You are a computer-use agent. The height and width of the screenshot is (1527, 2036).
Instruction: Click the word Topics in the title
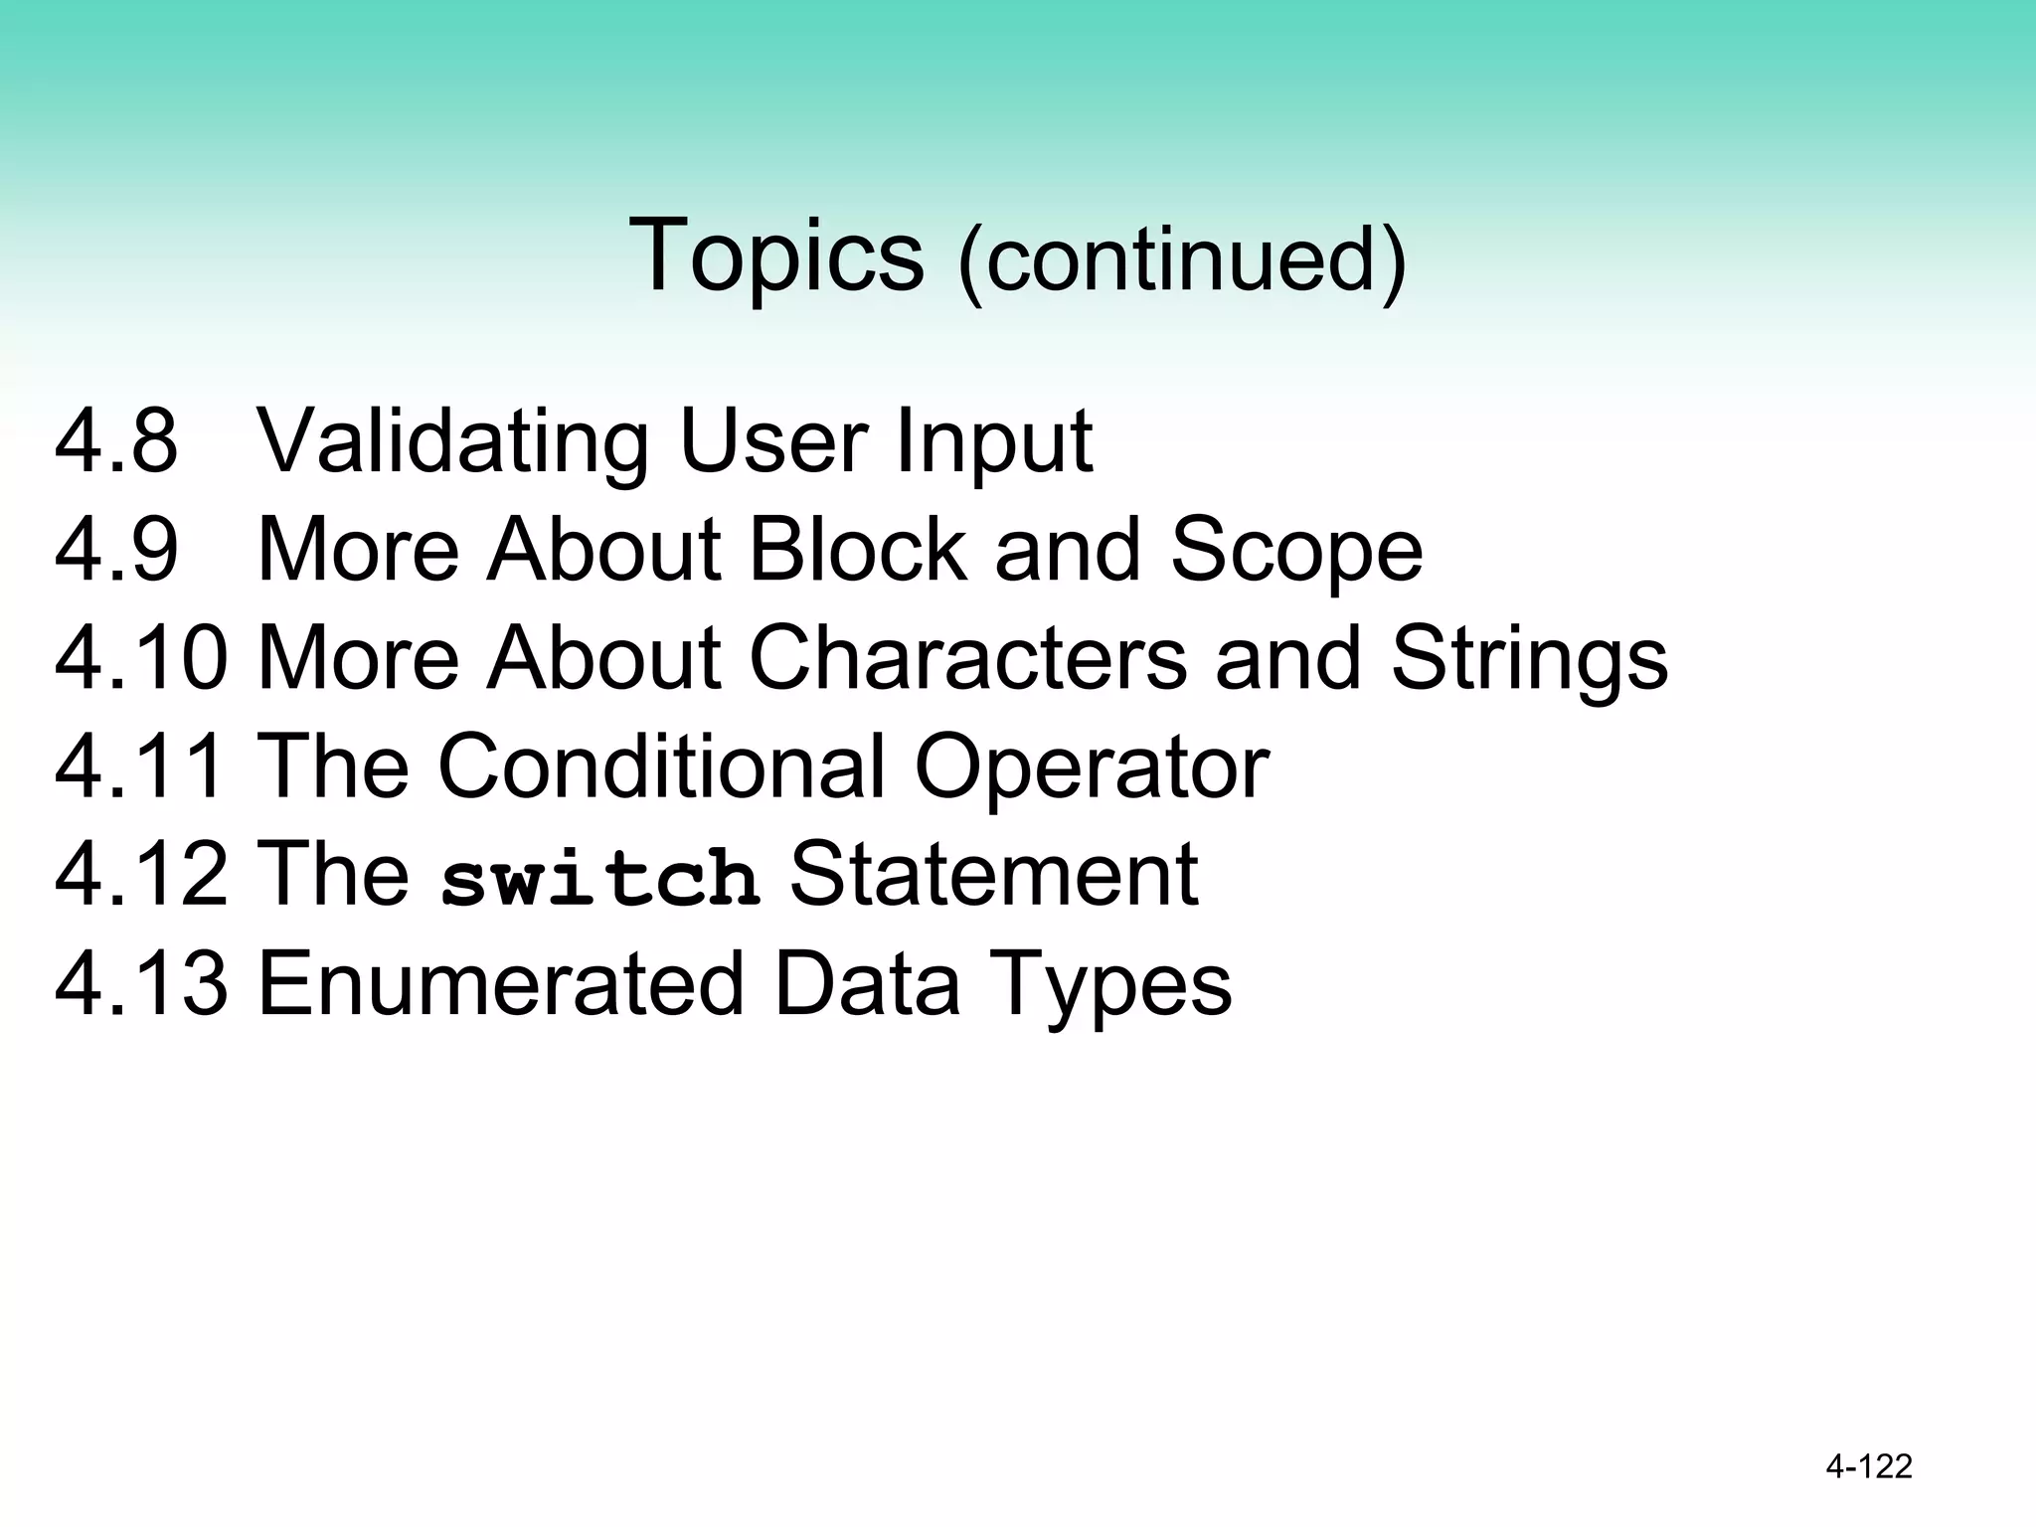pos(775,255)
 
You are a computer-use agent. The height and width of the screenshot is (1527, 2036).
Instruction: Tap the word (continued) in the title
pos(1181,260)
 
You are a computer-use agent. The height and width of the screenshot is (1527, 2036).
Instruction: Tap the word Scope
pos(1296,553)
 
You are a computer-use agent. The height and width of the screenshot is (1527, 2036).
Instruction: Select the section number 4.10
pos(141,657)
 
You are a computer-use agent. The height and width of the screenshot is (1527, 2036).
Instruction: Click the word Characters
pos(967,657)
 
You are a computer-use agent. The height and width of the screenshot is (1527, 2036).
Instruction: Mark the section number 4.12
pos(141,874)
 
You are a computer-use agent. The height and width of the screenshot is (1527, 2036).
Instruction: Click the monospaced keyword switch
pos(599,878)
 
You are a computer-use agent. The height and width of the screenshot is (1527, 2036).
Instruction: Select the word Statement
pos(993,874)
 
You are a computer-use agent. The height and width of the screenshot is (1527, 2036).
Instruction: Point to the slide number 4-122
pos(1868,1466)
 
